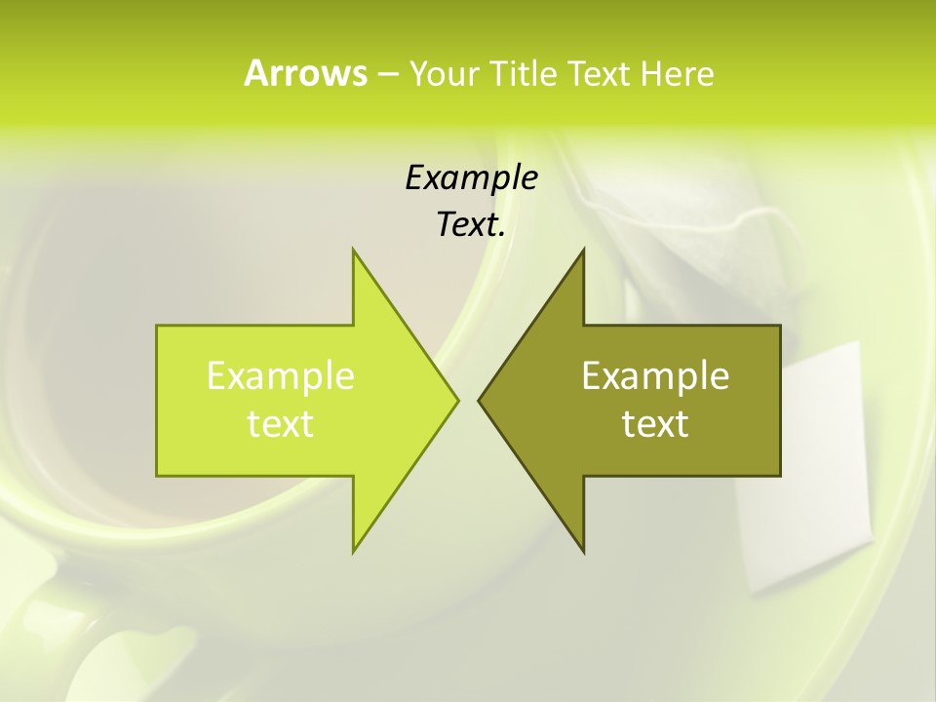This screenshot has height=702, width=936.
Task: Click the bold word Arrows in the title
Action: click(x=305, y=73)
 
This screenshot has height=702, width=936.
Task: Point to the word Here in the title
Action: click(x=677, y=73)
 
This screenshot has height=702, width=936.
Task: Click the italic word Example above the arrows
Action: click(x=471, y=177)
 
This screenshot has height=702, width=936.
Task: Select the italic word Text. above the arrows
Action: click(x=471, y=224)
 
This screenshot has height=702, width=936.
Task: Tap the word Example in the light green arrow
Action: click(x=281, y=376)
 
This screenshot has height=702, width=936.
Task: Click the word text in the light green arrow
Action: click(x=281, y=424)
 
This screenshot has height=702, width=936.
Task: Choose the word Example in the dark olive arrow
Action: click(x=655, y=376)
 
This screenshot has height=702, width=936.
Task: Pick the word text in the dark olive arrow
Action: click(x=655, y=424)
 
